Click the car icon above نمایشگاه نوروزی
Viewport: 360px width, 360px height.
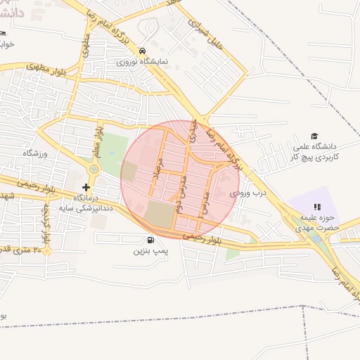tap(143, 51)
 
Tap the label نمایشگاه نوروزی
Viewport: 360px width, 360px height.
tap(143, 61)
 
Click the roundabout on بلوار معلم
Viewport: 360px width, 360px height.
tap(94, 169)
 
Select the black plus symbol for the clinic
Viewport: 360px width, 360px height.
tap(86, 187)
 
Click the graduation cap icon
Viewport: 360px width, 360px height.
tap(314, 136)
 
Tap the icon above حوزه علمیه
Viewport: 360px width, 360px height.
tap(316, 207)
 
